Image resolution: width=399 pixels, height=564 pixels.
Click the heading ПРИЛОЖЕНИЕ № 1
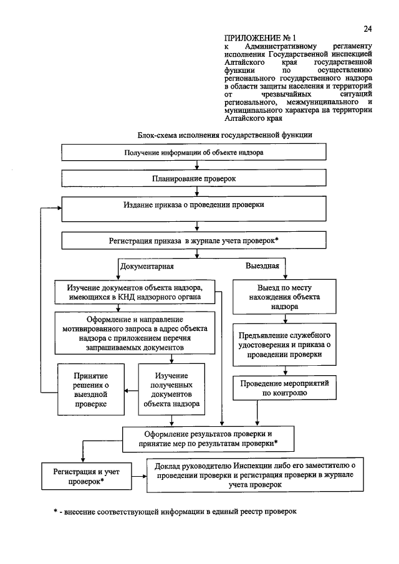[x=251, y=39]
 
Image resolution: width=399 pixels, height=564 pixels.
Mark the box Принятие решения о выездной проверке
[x=90, y=390]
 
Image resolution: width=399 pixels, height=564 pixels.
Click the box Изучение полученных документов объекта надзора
[x=171, y=390]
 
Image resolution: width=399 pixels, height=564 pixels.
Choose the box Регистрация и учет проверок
[x=84, y=477]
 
